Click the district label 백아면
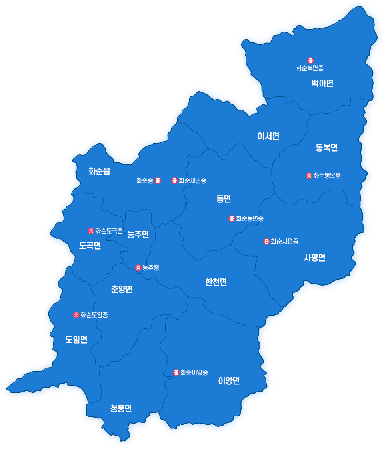(322, 83)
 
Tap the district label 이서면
(268, 136)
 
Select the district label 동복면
(326, 148)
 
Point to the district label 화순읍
(99, 172)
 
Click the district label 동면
(224, 199)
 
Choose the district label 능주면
(138, 235)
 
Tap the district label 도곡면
(90, 246)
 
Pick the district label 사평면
(314, 258)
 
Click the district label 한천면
(216, 282)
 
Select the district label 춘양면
(122, 289)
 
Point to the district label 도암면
(76, 340)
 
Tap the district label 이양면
(229, 381)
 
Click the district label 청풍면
(121, 408)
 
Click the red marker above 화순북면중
(310, 60)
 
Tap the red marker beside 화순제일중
(174, 180)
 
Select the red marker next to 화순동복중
(309, 176)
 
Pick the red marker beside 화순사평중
(266, 241)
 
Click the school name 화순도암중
(94, 315)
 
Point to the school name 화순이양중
(194, 372)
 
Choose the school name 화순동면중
(250, 218)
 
